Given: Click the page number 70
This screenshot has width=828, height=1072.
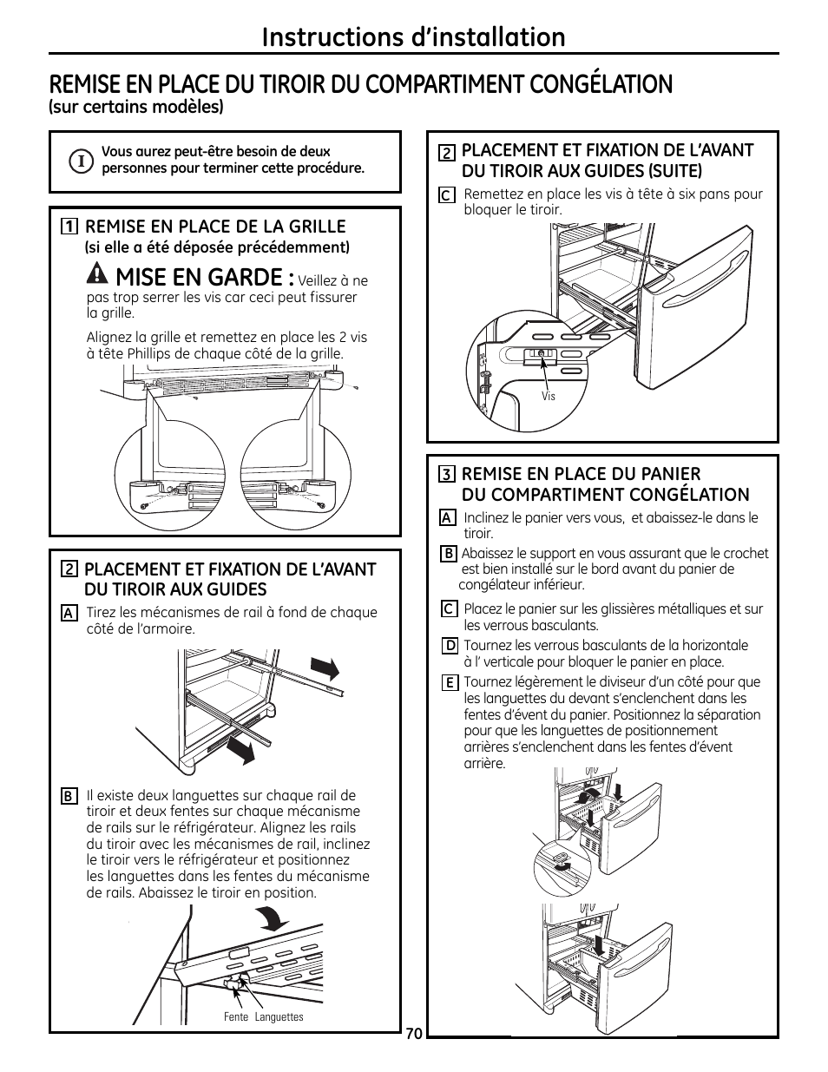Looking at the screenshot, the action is pyautogui.click(x=414, y=1034).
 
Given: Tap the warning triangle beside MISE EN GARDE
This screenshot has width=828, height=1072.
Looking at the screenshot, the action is pyautogui.click(x=98, y=273).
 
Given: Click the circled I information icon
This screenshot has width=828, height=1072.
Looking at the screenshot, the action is pyautogui.click(x=81, y=161).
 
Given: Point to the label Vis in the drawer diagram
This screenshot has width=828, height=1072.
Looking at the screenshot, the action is pyautogui.click(x=548, y=396).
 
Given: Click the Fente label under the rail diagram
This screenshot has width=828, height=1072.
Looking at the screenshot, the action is pyautogui.click(x=236, y=1017).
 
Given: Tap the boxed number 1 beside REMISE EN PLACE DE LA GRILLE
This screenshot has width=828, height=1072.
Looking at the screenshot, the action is pyautogui.click(x=69, y=227).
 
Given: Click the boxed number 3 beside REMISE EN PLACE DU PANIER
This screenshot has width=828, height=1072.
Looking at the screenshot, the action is pyautogui.click(x=446, y=475).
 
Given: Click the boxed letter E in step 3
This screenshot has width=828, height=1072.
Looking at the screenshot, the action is pyautogui.click(x=450, y=683).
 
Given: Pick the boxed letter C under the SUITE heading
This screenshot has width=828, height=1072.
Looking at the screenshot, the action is pyautogui.click(x=447, y=195).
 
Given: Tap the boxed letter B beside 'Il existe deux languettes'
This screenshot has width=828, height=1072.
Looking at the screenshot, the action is pyautogui.click(x=69, y=796).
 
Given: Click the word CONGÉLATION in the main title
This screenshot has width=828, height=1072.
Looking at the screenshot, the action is pyautogui.click(x=601, y=84).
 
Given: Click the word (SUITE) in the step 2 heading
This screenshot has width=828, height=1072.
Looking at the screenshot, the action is pyautogui.click(x=674, y=171).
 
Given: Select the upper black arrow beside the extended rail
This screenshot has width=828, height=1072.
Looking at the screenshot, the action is pyautogui.click(x=325, y=669).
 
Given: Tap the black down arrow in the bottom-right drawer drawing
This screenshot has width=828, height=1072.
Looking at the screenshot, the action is pyautogui.click(x=599, y=946).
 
